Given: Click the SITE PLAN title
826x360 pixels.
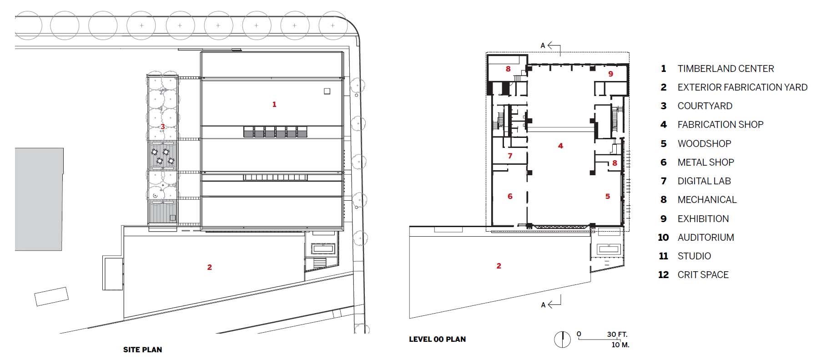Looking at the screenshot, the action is tap(142, 350).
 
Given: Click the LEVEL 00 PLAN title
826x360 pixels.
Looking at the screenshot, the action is tap(437, 339).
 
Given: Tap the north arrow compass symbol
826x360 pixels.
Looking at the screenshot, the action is tap(563, 340).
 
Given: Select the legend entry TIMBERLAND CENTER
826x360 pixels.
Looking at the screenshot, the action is tap(725, 69).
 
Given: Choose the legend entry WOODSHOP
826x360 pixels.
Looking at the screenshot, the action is tap(704, 144).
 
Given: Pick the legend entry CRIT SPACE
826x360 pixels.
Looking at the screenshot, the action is tap(703, 275).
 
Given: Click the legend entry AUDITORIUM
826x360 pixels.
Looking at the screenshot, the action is tap(705, 238).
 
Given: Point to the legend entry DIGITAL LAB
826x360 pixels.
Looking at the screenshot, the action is tap(704, 181).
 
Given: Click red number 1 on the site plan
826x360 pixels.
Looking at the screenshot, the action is tap(274, 104).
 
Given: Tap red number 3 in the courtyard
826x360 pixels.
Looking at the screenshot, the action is tap(162, 126).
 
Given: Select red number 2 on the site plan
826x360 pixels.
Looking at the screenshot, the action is tap(210, 267).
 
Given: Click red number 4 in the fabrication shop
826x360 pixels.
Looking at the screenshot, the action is tap(560, 146).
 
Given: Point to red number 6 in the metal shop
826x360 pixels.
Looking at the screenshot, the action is tap(510, 196).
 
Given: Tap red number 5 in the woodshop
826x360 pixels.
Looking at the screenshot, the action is tap(608, 196).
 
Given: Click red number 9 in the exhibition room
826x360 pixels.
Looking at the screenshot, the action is tap(611, 74).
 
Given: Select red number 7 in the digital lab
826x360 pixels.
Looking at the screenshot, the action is tap(510, 156).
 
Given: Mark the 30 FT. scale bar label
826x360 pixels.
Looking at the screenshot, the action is tap(617, 335).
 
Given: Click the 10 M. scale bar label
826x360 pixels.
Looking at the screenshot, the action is tap(620, 345).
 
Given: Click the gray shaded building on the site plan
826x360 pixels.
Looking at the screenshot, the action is tap(39, 199).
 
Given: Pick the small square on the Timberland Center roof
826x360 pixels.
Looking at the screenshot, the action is tap(327, 91).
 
